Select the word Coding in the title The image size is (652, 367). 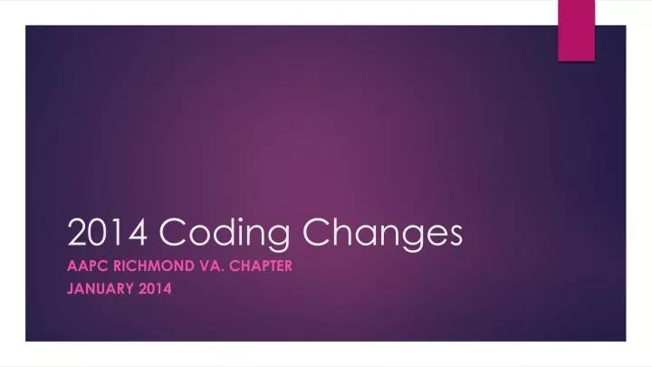click(229, 236)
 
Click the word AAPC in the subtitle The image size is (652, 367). click(88, 266)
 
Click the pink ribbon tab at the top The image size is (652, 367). click(577, 30)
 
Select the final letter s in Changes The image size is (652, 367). click(455, 237)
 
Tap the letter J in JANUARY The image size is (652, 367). click(72, 289)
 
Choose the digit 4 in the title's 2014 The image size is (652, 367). click(132, 235)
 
